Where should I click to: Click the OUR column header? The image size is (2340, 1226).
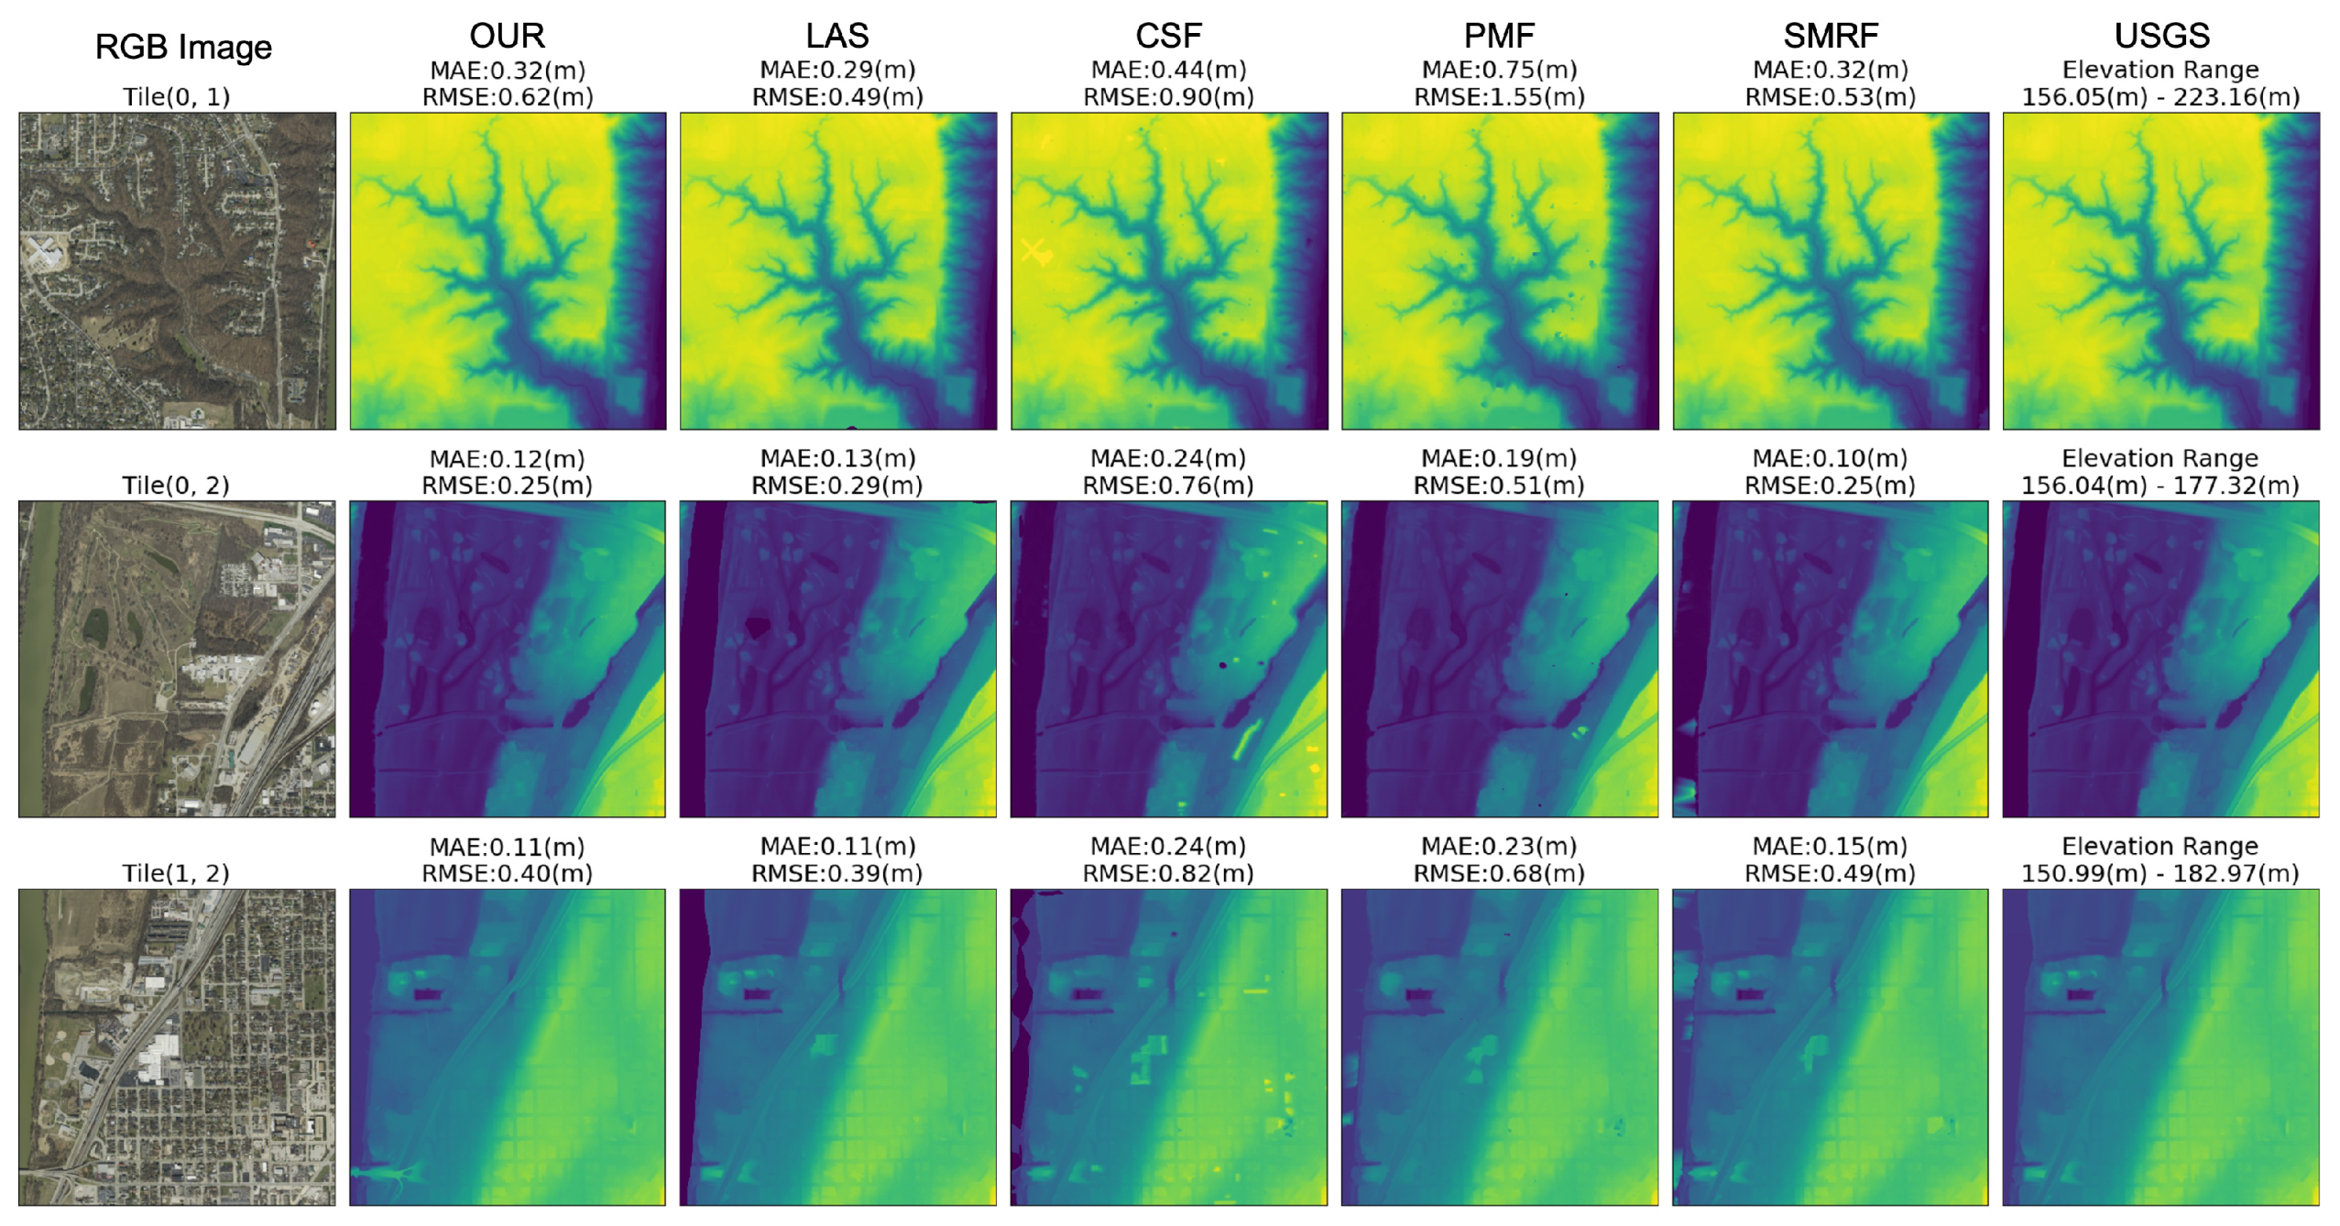click(x=507, y=36)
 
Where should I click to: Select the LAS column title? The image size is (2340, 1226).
click(x=836, y=36)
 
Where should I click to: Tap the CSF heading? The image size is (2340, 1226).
click(x=1168, y=36)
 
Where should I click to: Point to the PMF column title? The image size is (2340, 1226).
click(x=1499, y=36)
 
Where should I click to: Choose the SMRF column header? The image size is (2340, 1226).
click(x=1830, y=36)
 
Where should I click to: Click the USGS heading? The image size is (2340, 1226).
click(x=2161, y=36)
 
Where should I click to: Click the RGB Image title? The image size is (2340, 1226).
click(x=183, y=47)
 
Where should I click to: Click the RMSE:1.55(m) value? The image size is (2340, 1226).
click(x=1499, y=97)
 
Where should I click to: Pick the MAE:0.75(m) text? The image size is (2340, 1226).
click(x=1499, y=70)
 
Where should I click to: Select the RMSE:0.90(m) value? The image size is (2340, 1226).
click(x=1168, y=97)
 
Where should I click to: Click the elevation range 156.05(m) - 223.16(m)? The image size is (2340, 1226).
click(x=2160, y=97)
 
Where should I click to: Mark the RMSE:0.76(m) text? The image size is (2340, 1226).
click(x=1168, y=486)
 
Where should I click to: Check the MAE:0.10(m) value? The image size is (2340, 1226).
click(x=1830, y=458)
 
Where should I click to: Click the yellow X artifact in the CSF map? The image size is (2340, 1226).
click(x=1034, y=250)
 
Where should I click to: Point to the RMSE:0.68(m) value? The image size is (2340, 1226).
click(x=1499, y=873)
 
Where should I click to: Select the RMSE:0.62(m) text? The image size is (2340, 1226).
click(x=507, y=97)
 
